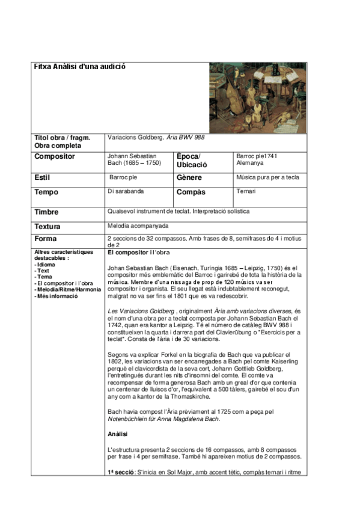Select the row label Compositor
[55, 156]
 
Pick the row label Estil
[44, 178]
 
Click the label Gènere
[189, 178]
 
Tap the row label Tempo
[47, 192]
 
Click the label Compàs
[191, 192]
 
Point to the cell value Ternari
[246, 191]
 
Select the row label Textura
[48, 227]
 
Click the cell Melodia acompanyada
[138, 226]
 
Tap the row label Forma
[46, 239]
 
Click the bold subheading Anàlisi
[118, 433]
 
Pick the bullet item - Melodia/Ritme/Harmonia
[68, 289]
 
